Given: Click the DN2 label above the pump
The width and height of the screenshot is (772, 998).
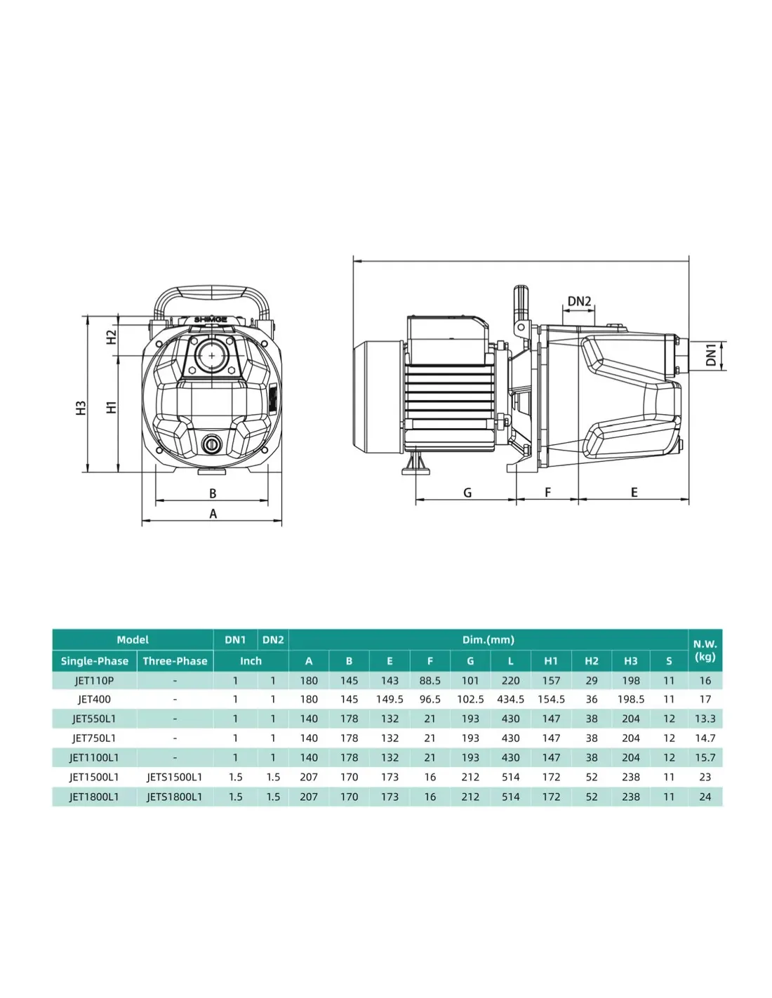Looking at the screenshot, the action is [x=579, y=301].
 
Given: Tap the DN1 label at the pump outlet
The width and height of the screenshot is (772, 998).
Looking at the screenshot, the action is [x=710, y=355].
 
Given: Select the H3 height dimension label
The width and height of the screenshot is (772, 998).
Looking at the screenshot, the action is [x=81, y=408].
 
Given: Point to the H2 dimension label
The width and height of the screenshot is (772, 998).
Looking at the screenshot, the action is [x=111, y=337].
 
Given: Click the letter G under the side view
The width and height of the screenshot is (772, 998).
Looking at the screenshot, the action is [x=467, y=493].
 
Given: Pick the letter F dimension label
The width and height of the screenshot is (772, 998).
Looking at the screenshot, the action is [x=547, y=493].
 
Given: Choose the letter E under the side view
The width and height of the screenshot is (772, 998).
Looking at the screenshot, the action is [x=634, y=493].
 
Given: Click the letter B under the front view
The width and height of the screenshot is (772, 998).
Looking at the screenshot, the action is [x=213, y=493].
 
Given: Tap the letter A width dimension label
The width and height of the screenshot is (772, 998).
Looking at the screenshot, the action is [x=213, y=514].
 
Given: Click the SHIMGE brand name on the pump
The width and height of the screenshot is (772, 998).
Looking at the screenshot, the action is [x=211, y=319].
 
